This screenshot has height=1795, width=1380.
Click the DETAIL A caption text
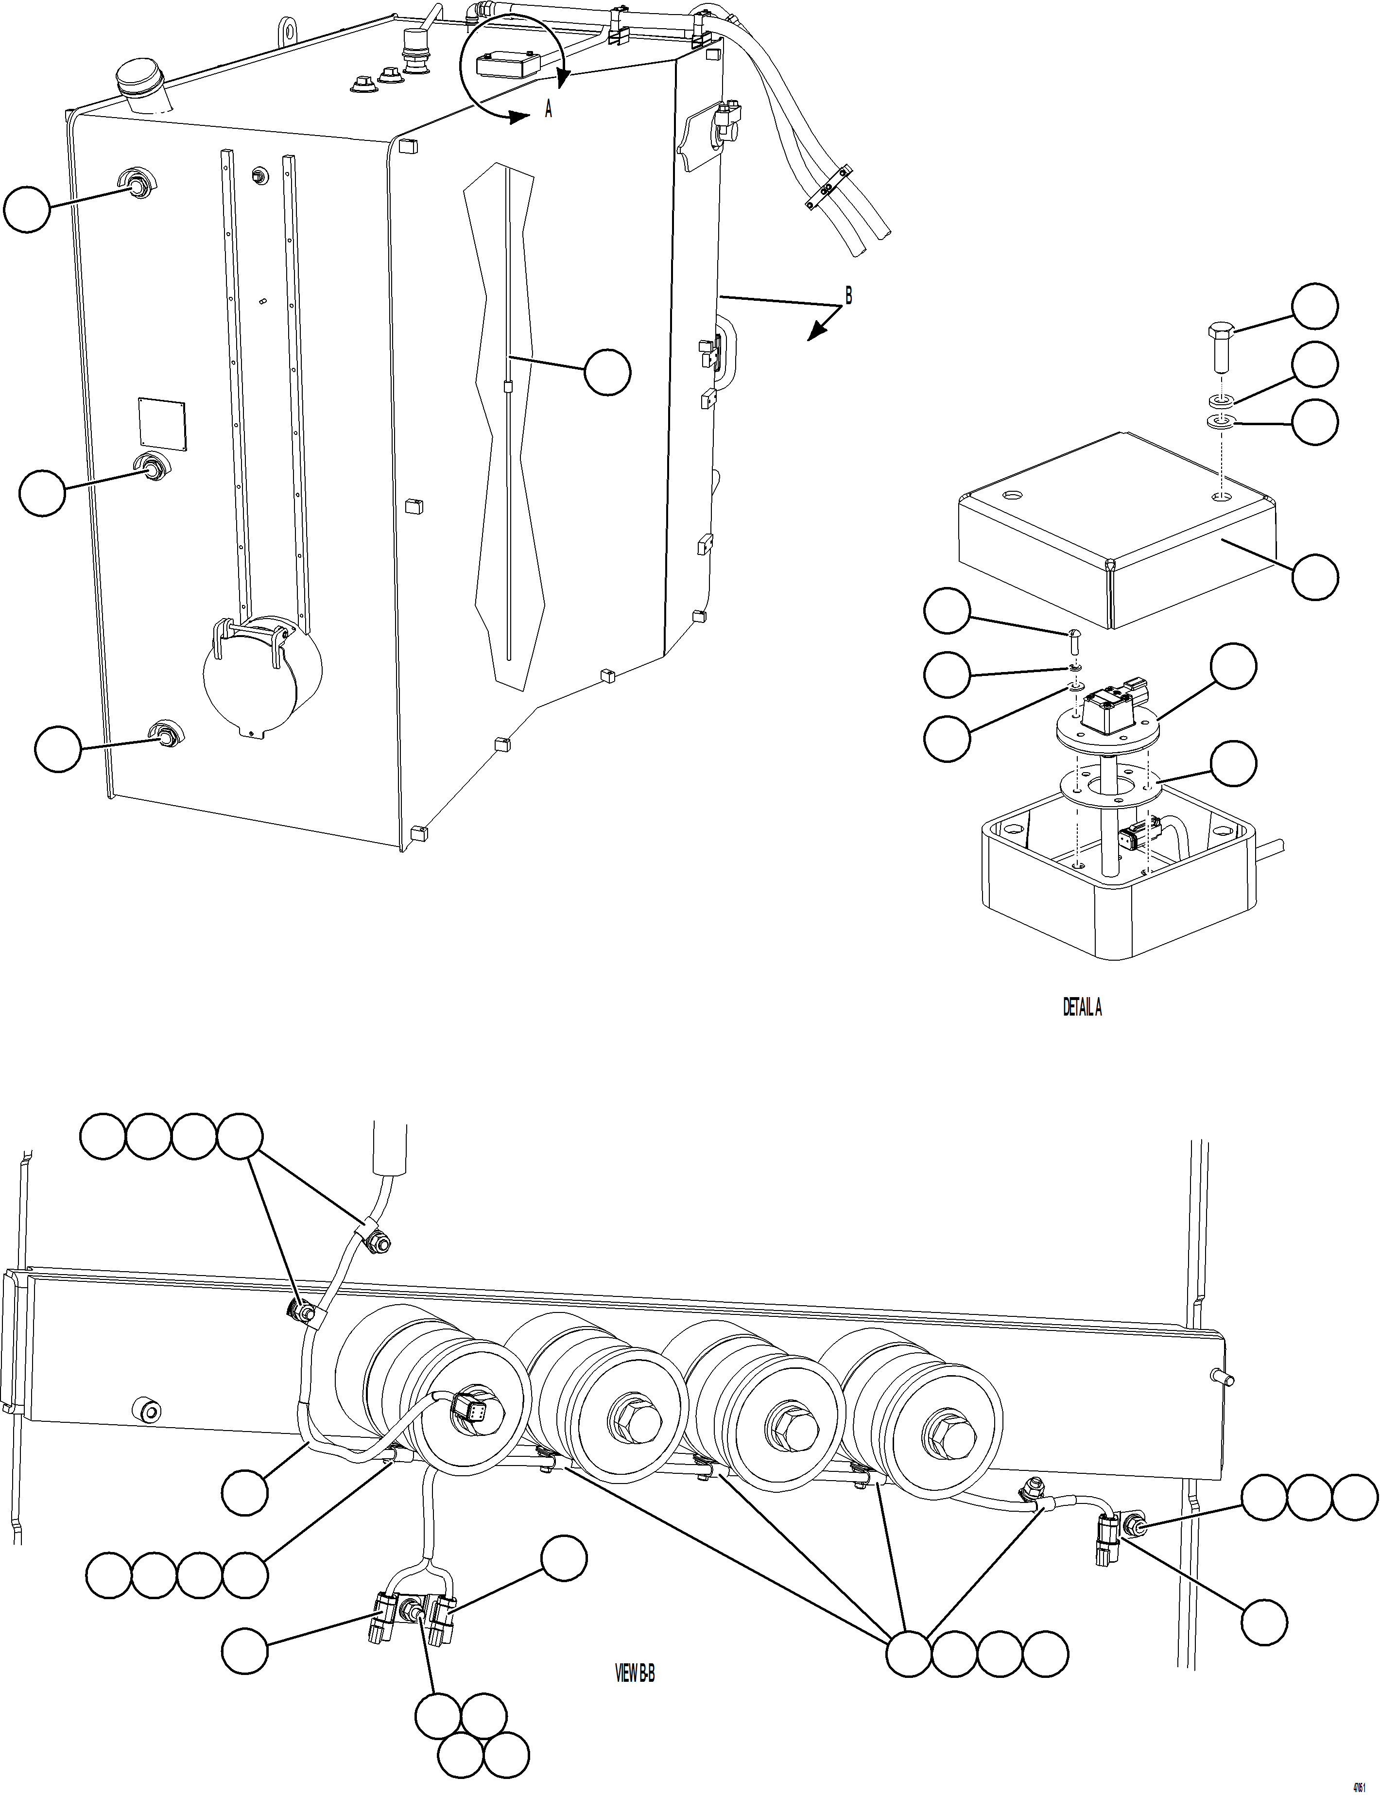tap(1082, 1008)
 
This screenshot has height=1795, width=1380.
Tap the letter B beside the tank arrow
tap(848, 296)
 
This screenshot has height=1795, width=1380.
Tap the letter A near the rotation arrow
tap(549, 109)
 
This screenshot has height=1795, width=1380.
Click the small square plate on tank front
tap(162, 425)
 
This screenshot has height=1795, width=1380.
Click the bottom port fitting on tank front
tap(167, 736)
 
